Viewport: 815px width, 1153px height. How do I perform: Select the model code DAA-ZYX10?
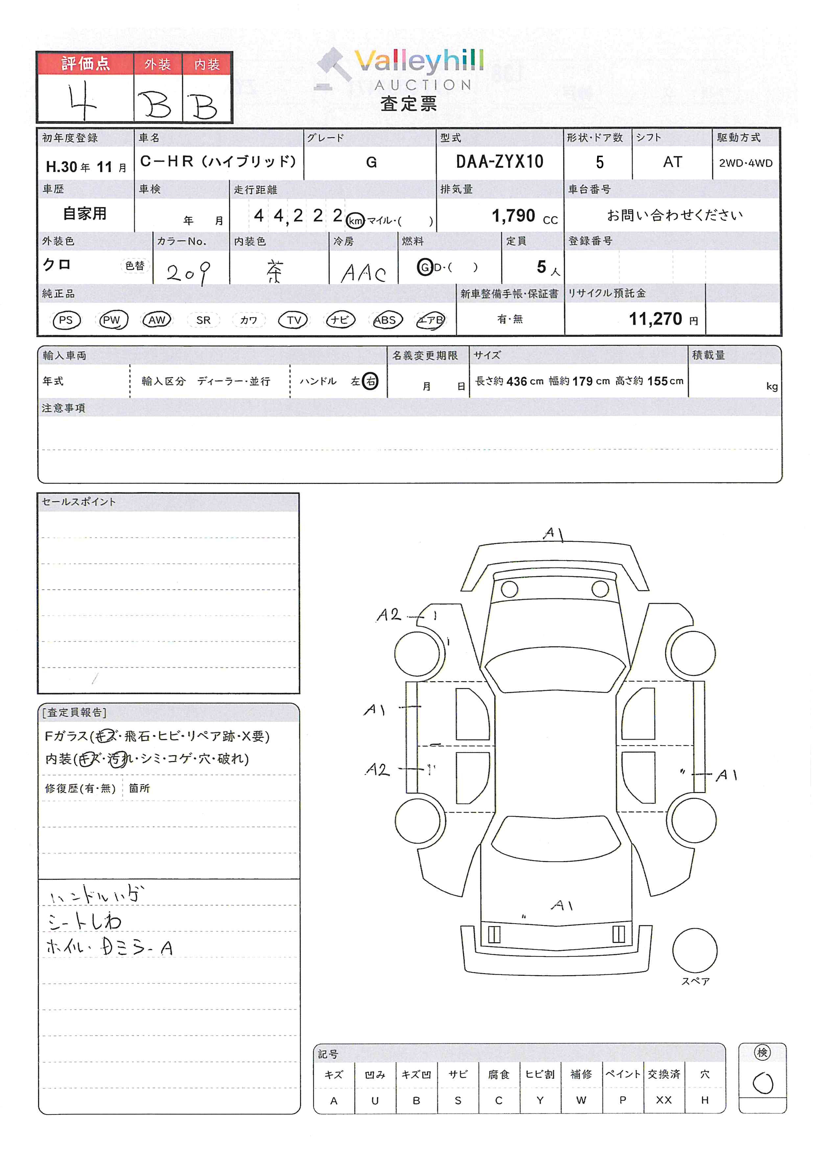coord(499,162)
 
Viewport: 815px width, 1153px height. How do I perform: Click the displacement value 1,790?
coord(513,216)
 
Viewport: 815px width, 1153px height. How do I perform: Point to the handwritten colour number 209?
coord(188,273)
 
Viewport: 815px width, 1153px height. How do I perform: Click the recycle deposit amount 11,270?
coord(655,319)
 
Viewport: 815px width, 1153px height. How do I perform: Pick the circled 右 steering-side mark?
coord(370,381)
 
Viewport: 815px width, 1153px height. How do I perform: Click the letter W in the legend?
coord(581,1100)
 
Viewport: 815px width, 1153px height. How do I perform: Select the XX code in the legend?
coord(664,1100)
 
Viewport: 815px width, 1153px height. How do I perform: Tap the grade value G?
coord(371,162)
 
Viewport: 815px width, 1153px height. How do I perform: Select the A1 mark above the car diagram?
coord(553,533)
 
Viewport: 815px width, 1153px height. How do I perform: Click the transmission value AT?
coord(672,162)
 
